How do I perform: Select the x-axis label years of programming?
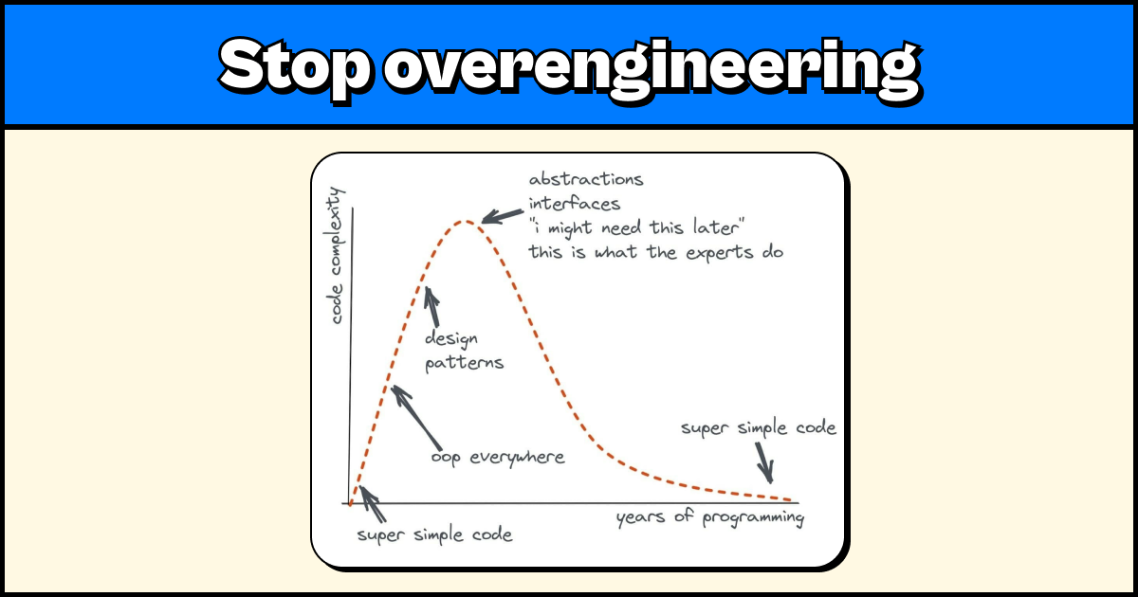point(710,517)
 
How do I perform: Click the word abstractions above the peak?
point(585,179)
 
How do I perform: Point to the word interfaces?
point(575,204)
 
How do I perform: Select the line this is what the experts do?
point(654,253)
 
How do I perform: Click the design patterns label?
point(463,351)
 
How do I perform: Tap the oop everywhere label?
point(497,458)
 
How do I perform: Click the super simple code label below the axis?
point(434,534)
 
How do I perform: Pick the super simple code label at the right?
point(759,428)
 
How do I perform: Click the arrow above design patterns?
point(432,306)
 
